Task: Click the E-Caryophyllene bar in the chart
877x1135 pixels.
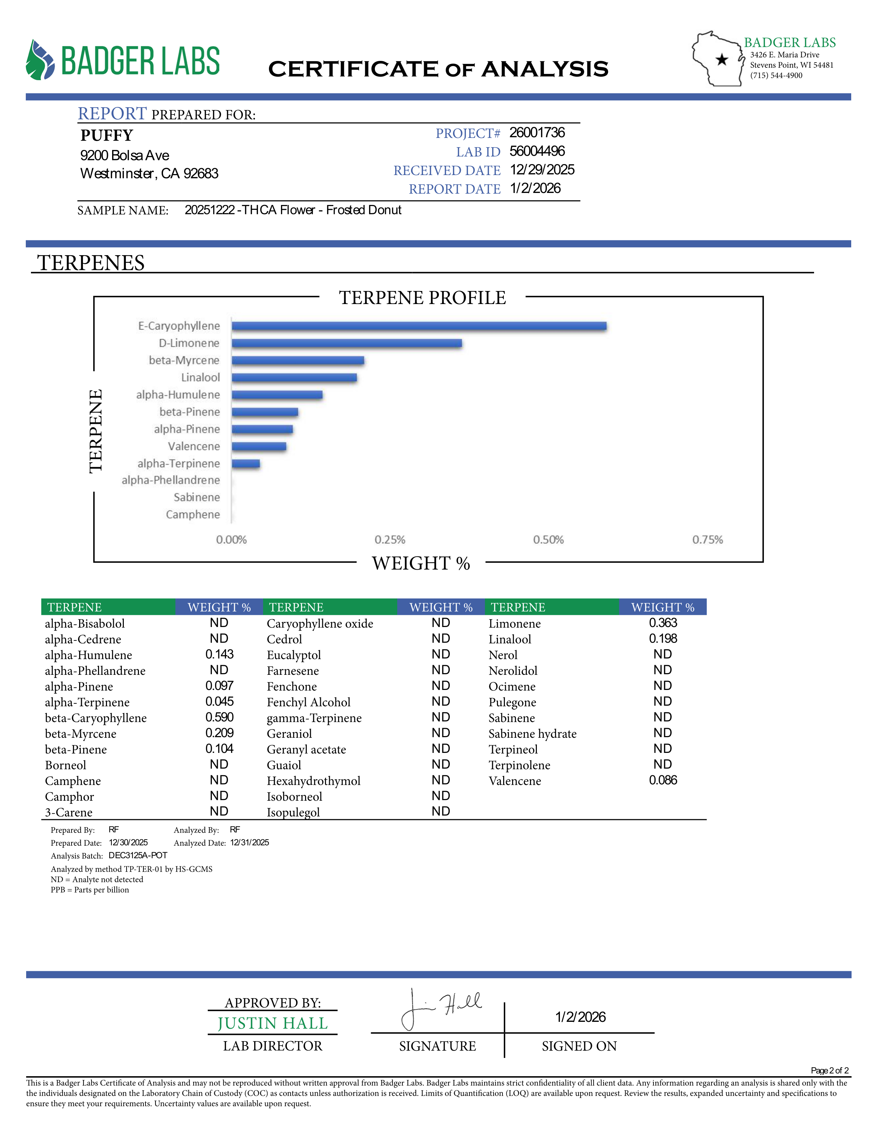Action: tap(419, 326)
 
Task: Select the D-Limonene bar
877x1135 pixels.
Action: tap(347, 343)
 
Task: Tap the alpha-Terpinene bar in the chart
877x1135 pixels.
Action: tap(246, 464)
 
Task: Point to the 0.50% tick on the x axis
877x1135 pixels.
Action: tap(548, 540)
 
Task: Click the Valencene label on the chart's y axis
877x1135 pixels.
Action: tap(194, 446)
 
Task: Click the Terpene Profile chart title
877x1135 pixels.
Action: tap(422, 298)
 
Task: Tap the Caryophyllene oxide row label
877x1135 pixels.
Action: tap(320, 624)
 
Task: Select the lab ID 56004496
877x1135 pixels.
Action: tap(537, 151)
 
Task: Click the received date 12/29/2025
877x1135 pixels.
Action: tap(542, 170)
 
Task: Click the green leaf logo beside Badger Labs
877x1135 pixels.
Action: tap(40, 60)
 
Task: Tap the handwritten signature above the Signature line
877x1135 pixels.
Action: tap(442, 1008)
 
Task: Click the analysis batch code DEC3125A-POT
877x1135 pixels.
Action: tap(138, 855)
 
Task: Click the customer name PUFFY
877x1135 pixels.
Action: tap(107, 135)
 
